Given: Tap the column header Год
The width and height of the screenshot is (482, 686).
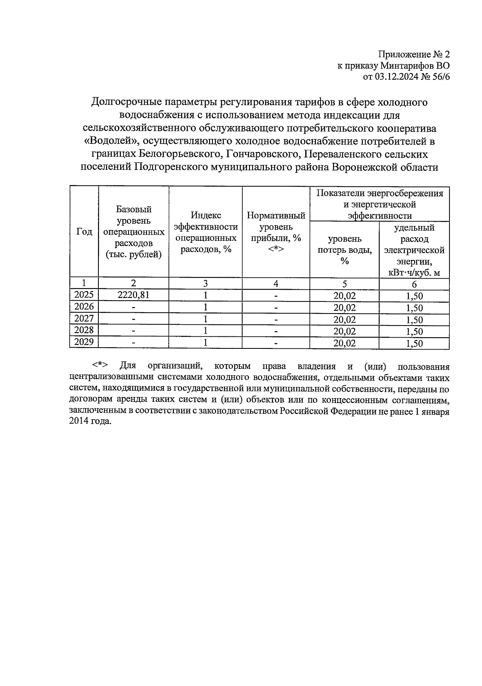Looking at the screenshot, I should tap(84, 232).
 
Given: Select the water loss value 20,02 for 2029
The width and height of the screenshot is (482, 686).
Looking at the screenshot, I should tap(344, 343).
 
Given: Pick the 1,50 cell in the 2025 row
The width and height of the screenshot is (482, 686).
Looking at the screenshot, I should tap(414, 297).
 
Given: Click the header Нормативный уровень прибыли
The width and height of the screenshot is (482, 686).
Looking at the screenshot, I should tap(276, 232).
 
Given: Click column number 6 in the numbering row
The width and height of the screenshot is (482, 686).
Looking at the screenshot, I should tap(414, 284).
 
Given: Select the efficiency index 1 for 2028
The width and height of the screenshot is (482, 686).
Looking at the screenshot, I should tap(205, 331).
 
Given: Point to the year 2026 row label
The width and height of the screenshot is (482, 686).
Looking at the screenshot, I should tap(84, 307).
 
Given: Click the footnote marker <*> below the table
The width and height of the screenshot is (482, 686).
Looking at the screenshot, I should tap(100, 366).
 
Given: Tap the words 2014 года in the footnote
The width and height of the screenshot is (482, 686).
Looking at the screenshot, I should tap(89, 421).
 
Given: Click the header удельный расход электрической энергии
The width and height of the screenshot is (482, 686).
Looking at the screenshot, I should tap(414, 250).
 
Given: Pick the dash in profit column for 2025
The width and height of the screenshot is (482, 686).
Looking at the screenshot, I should tap(276, 297).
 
